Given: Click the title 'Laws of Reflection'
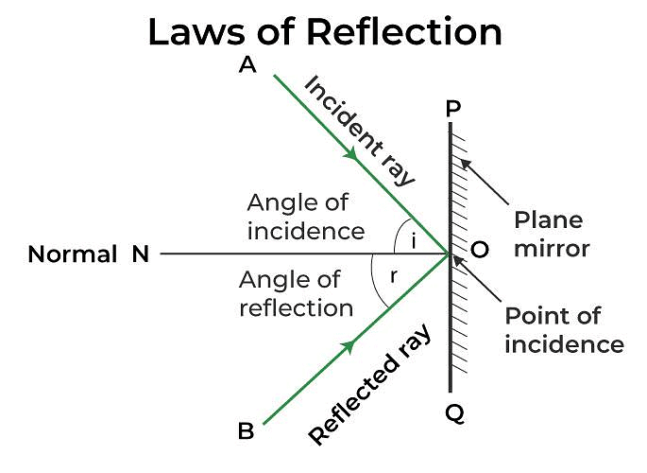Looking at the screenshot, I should coord(324,33).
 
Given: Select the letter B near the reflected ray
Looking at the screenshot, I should coord(246,431).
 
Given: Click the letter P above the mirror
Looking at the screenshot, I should coord(453,110).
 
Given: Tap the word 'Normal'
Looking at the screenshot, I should coord(73,254).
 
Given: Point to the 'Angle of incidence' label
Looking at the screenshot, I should coord(304,216).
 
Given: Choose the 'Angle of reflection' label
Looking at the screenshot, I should coord(296,293).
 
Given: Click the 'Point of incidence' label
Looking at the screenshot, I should coord(563,329).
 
